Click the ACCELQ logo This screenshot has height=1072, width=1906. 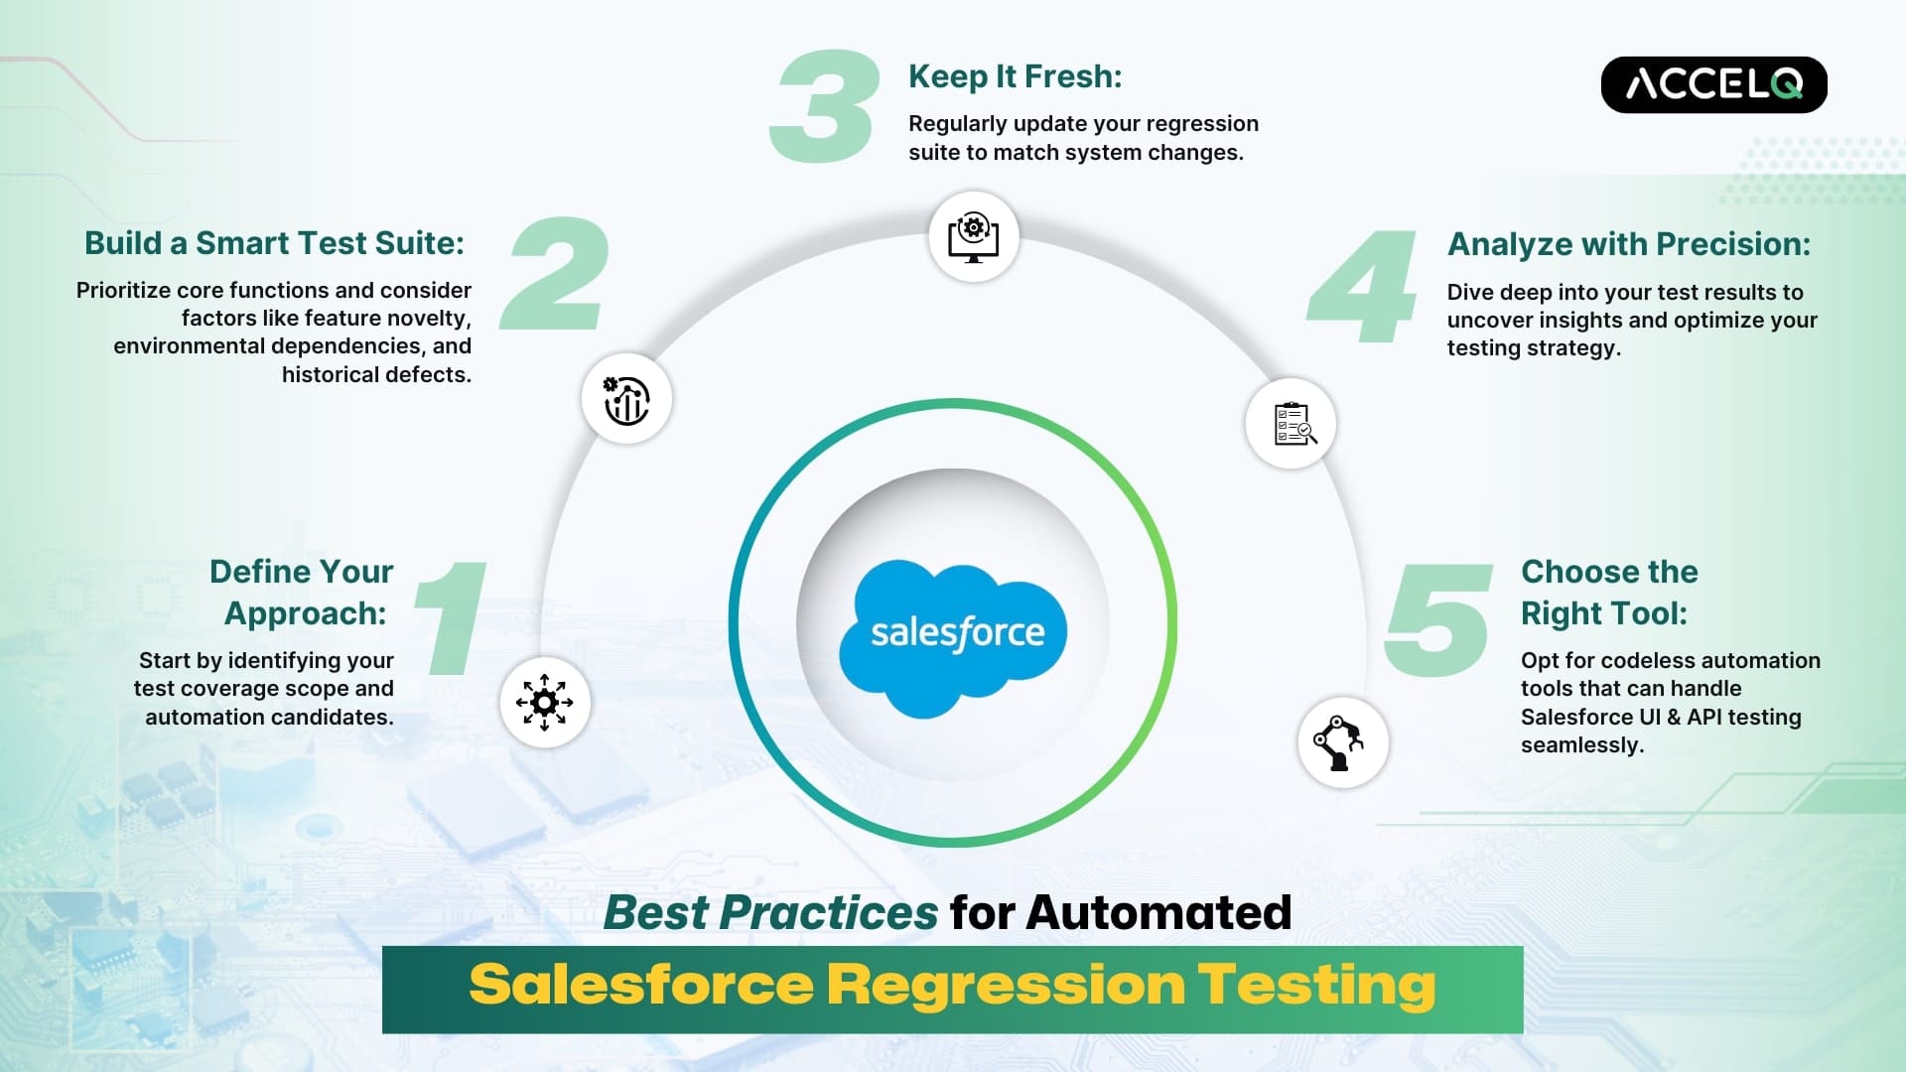point(1713,84)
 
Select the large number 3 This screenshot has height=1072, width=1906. point(825,106)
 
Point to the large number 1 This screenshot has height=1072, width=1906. point(452,617)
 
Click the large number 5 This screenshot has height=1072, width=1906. point(1438,619)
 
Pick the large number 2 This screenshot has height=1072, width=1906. point(555,273)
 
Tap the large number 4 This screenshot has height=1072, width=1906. point(1362,286)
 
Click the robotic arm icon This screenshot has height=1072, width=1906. point(1342,742)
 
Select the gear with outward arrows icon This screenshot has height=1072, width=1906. point(544,703)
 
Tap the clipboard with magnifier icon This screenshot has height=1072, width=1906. point(1293,424)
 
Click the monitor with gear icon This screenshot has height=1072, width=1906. point(974,237)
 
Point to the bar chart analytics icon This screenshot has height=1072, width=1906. point(626,400)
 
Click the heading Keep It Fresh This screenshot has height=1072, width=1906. point(1015,77)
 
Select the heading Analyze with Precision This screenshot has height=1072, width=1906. point(1629,244)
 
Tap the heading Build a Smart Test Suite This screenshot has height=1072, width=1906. point(274,243)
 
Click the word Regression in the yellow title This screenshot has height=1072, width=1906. point(1006,987)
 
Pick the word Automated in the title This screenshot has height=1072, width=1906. point(1158,913)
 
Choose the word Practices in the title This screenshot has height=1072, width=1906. point(829,913)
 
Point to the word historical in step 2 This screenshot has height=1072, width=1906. point(329,375)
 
